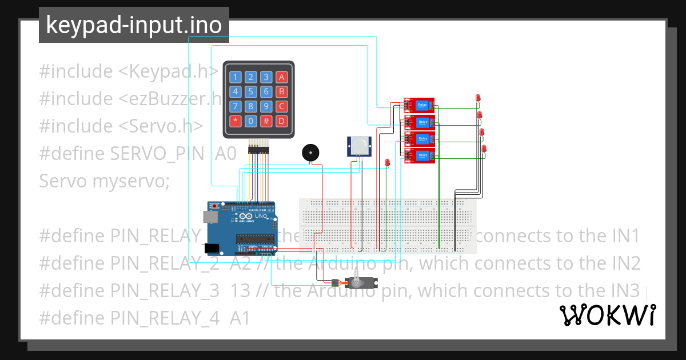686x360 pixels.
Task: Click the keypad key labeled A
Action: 281,77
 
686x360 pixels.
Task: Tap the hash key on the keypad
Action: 266,121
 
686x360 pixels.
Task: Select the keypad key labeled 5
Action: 250,92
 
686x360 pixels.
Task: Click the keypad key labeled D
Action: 281,121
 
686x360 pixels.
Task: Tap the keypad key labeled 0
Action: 250,121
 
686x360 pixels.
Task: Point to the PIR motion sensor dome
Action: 358,146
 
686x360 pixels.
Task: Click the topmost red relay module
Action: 419,106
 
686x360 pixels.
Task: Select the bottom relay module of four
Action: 419,155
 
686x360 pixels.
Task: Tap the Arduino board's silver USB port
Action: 209,216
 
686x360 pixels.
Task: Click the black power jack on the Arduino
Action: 212,248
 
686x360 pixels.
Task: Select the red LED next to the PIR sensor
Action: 387,163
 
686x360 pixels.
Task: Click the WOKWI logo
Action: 607,315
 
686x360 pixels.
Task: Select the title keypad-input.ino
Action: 134,25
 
